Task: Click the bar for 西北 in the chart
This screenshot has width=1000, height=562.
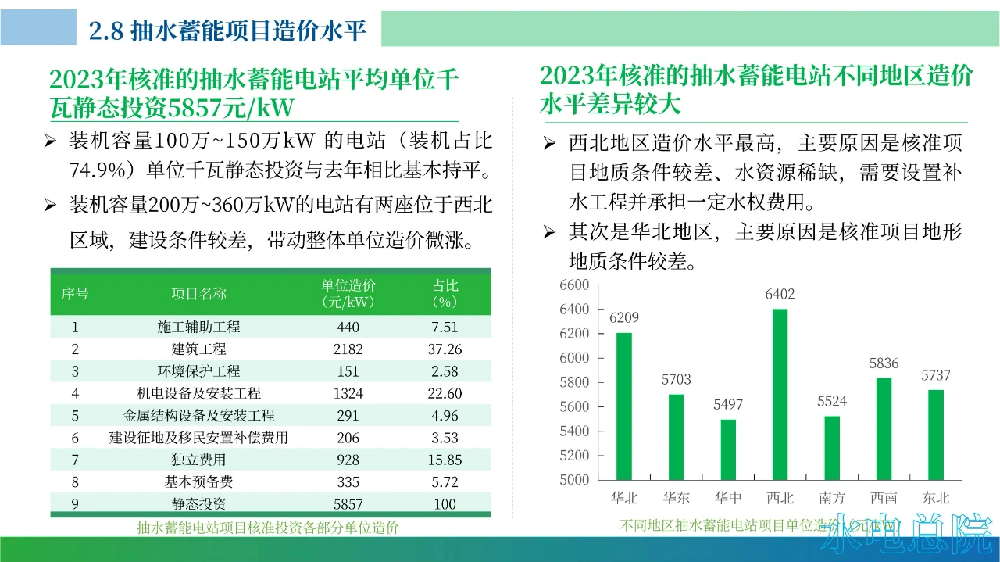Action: click(x=780, y=394)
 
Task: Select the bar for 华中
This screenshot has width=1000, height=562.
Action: click(x=728, y=449)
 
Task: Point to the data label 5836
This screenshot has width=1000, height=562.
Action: click(x=884, y=363)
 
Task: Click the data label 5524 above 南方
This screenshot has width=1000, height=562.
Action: click(x=832, y=402)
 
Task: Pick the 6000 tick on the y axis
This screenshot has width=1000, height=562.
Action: click(x=574, y=358)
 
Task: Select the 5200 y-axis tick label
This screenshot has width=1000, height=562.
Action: click(x=574, y=456)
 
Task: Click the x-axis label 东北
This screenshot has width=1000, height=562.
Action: click(x=935, y=498)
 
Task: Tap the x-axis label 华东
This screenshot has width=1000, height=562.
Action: click(x=676, y=498)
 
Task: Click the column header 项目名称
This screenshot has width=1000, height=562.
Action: click(x=198, y=293)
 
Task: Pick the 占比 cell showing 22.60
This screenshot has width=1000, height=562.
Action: click(x=446, y=394)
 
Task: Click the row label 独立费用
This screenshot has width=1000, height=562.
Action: click(x=198, y=460)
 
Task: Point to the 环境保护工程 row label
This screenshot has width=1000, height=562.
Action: click(x=198, y=371)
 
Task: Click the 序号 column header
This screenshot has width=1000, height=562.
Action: click(x=75, y=293)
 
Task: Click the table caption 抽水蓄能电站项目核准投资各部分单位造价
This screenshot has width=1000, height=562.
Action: click(x=268, y=528)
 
